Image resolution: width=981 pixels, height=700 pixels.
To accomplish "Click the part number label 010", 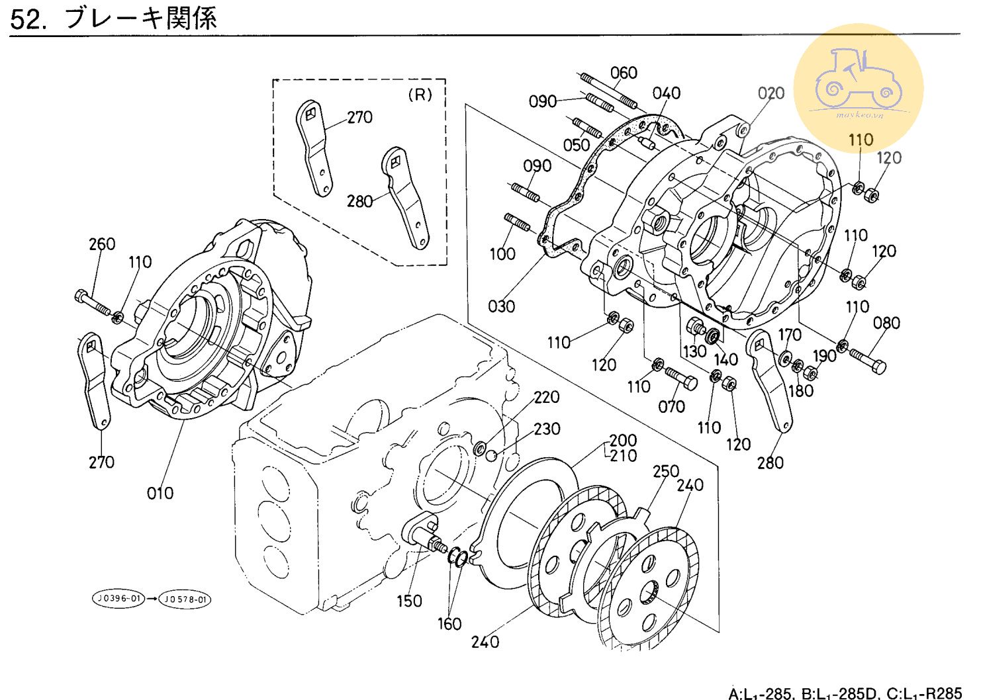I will pyautogui.click(x=160, y=493).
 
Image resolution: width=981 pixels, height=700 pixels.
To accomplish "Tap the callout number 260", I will pyautogui.click(x=102, y=244).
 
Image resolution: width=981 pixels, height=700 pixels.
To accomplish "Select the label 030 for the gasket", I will pyautogui.click(x=501, y=306).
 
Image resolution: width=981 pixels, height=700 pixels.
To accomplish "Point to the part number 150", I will pyautogui.click(x=409, y=601).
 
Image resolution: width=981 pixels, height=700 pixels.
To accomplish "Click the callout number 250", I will pyautogui.click(x=666, y=471).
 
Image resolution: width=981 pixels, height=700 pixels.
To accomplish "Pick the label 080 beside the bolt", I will pyautogui.click(x=886, y=323).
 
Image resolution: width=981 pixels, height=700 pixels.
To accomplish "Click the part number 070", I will pyautogui.click(x=671, y=406).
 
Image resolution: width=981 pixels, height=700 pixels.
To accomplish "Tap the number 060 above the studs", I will pyautogui.click(x=624, y=72).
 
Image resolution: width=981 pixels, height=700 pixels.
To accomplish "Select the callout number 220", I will pyautogui.click(x=547, y=397).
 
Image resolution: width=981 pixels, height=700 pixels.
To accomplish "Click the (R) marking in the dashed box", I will pyautogui.click(x=420, y=95).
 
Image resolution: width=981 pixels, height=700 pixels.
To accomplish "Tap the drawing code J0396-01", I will pyautogui.click(x=118, y=599).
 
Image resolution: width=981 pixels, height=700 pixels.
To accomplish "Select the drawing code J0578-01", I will pyautogui.click(x=186, y=599).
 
